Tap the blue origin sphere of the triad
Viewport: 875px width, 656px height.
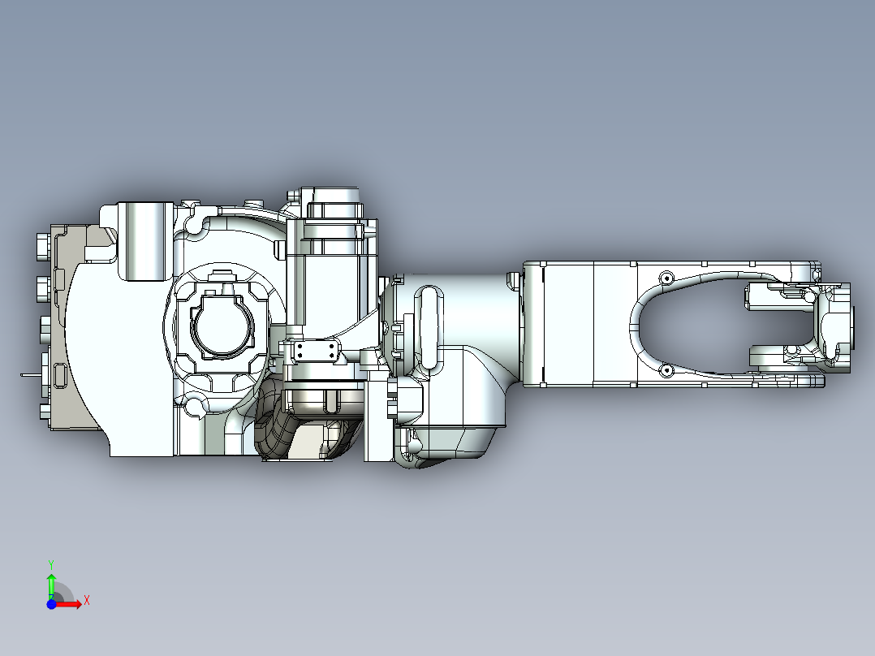51,604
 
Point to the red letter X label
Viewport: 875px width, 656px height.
86,601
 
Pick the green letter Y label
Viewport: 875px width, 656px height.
50,563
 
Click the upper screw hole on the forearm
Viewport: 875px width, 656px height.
667,278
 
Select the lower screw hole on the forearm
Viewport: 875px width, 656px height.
667,371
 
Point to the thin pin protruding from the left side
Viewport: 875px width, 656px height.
28,375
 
